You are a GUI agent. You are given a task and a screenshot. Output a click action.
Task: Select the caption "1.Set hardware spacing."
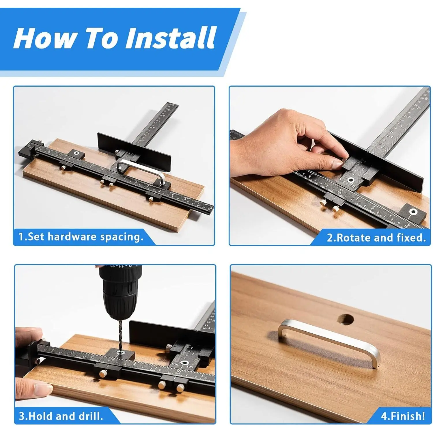tap(81, 237)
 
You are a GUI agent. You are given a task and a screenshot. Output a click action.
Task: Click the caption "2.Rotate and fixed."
tap(376, 238)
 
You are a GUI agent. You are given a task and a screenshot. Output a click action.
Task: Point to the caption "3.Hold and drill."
tap(61, 416)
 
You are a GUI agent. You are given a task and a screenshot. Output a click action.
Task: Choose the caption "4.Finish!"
tap(403, 416)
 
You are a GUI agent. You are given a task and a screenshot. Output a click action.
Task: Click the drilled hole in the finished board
tap(346, 319)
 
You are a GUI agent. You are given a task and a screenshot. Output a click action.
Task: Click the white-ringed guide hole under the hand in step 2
tap(351, 180)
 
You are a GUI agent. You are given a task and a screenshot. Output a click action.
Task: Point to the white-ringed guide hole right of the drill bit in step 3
tap(184, 362)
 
